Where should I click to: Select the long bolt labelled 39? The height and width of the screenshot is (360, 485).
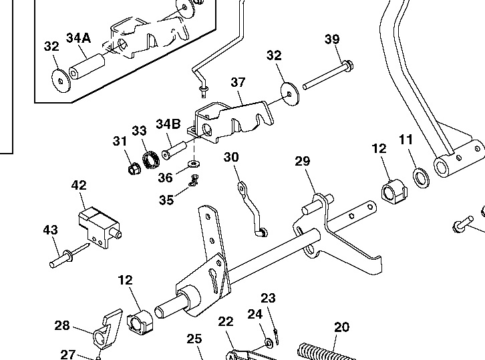click(327, 75)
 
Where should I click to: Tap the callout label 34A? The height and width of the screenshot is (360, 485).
click(77, 37)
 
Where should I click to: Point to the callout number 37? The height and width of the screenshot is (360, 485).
click(238, 82)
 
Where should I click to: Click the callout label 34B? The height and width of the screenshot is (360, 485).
click(168, 124)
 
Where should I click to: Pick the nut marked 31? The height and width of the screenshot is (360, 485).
click(133, 168)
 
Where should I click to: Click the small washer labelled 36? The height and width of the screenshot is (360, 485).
click(194, 163)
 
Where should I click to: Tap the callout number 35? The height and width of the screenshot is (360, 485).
click(166, 199)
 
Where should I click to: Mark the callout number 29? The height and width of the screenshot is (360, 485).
click(302, 161)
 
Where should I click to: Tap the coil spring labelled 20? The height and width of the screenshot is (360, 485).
click(327, 352)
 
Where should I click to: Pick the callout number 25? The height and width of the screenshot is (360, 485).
click(194, 339)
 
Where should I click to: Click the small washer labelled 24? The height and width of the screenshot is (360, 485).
click(269, 343)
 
